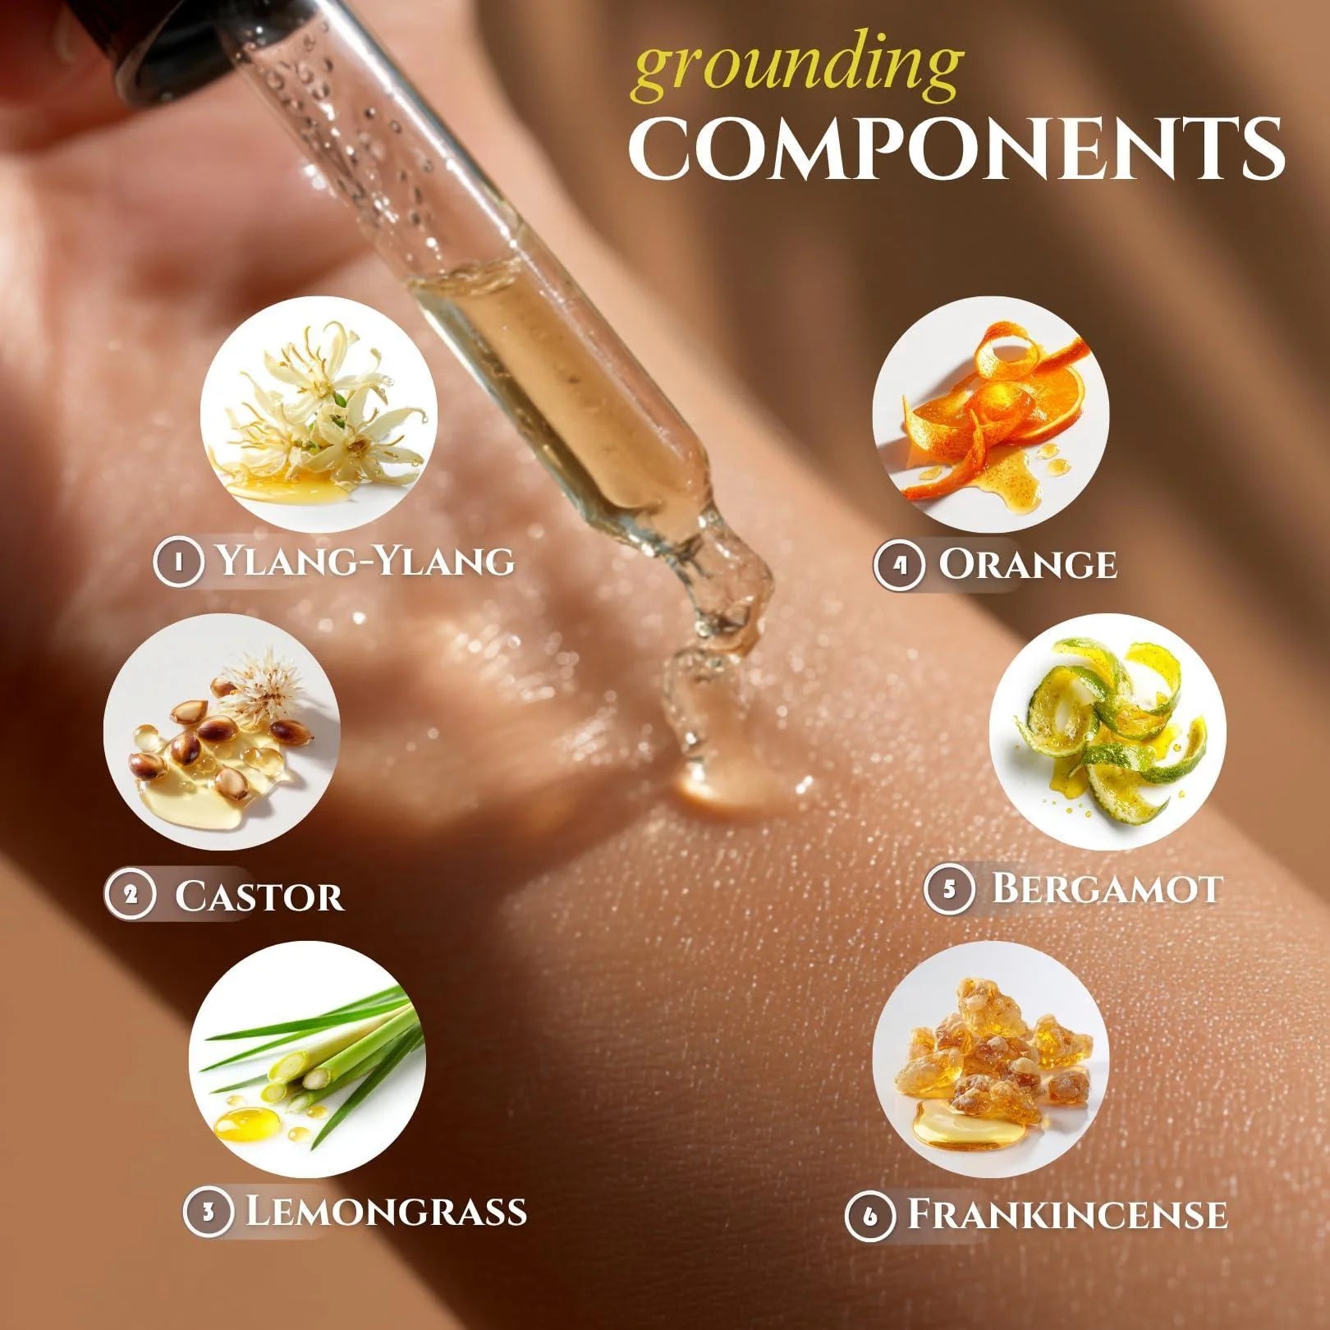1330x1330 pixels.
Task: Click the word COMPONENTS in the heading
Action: pyautogui.click(x=956, y=149)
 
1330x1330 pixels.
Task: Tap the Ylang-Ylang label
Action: pyautogui.click(x=366, y=562)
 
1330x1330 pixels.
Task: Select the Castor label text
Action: pyautogui.click(x=259, y=895)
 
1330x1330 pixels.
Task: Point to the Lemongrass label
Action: pyautogui.click(x=387, y=1210)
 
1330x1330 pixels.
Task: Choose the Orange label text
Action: pyautogui.click(x=1028, y=564)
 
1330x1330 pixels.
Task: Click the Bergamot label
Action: pyautogui.click(x=1107, y=888)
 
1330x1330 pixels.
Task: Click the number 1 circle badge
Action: pyautogui.click(x=178, y=562)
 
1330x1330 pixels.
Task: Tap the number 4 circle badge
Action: pyautogui.click(x=900, y=565)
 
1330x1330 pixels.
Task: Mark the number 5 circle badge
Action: pyautogui.click(x=950, y=889)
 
